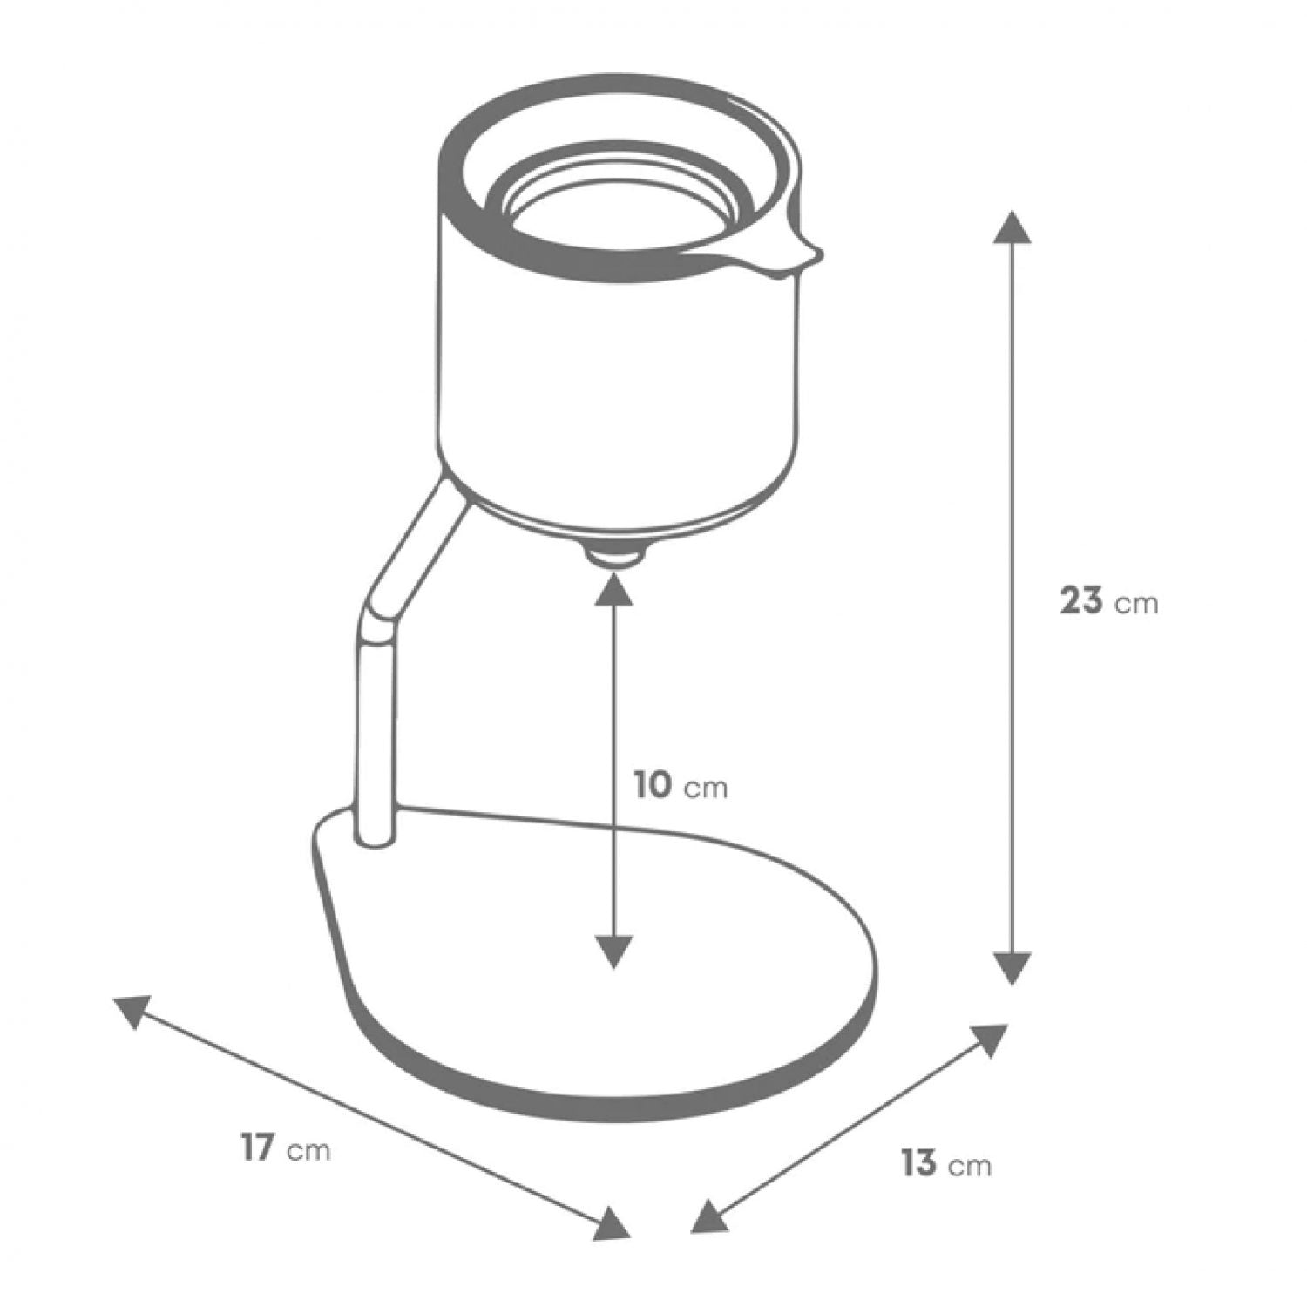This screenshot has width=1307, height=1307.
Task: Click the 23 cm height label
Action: click(x=1108, y=601)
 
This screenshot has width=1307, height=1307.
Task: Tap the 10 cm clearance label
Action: click(x=680, y=786)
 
